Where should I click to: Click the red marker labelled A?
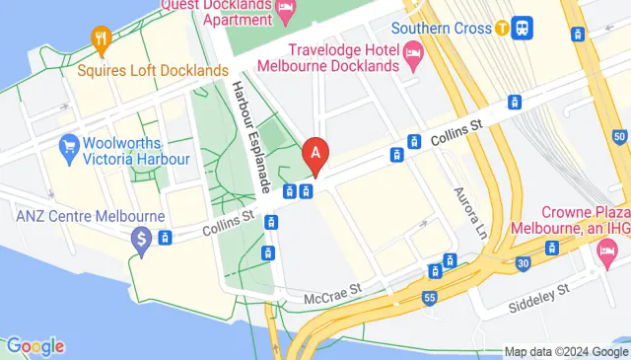[315, 155]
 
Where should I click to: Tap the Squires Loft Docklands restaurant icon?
[100, 39]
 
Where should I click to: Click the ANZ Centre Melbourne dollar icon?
[142, 238]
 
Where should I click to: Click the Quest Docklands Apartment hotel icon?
[286, 12]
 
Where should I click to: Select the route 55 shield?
[429, 296]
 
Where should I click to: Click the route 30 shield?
[522, 263]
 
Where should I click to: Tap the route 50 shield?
[618, 135]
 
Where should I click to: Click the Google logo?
[35, 346]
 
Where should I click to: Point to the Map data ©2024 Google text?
[566, 351]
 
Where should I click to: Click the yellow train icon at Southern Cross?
[503, 28]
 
